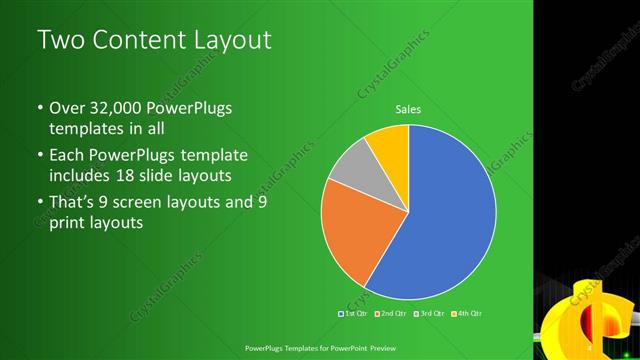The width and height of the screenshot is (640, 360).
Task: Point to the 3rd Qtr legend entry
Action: tap(430, 314)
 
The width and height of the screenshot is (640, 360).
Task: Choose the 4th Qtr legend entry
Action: tap(469, 314)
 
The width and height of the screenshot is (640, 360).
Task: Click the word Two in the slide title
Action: tap(59, 41)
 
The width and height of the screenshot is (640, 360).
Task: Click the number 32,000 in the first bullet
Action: tap(113, 108)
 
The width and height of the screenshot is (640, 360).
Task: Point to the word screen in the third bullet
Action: tap(161, 202)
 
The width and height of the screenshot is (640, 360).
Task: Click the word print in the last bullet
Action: tap(69, 223)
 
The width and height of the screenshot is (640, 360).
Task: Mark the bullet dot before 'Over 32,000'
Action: tap(39, 109)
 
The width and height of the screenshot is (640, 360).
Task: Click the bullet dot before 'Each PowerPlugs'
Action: tap(39, 156)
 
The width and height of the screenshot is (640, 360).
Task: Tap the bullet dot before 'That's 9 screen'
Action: tap(39, 203)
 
